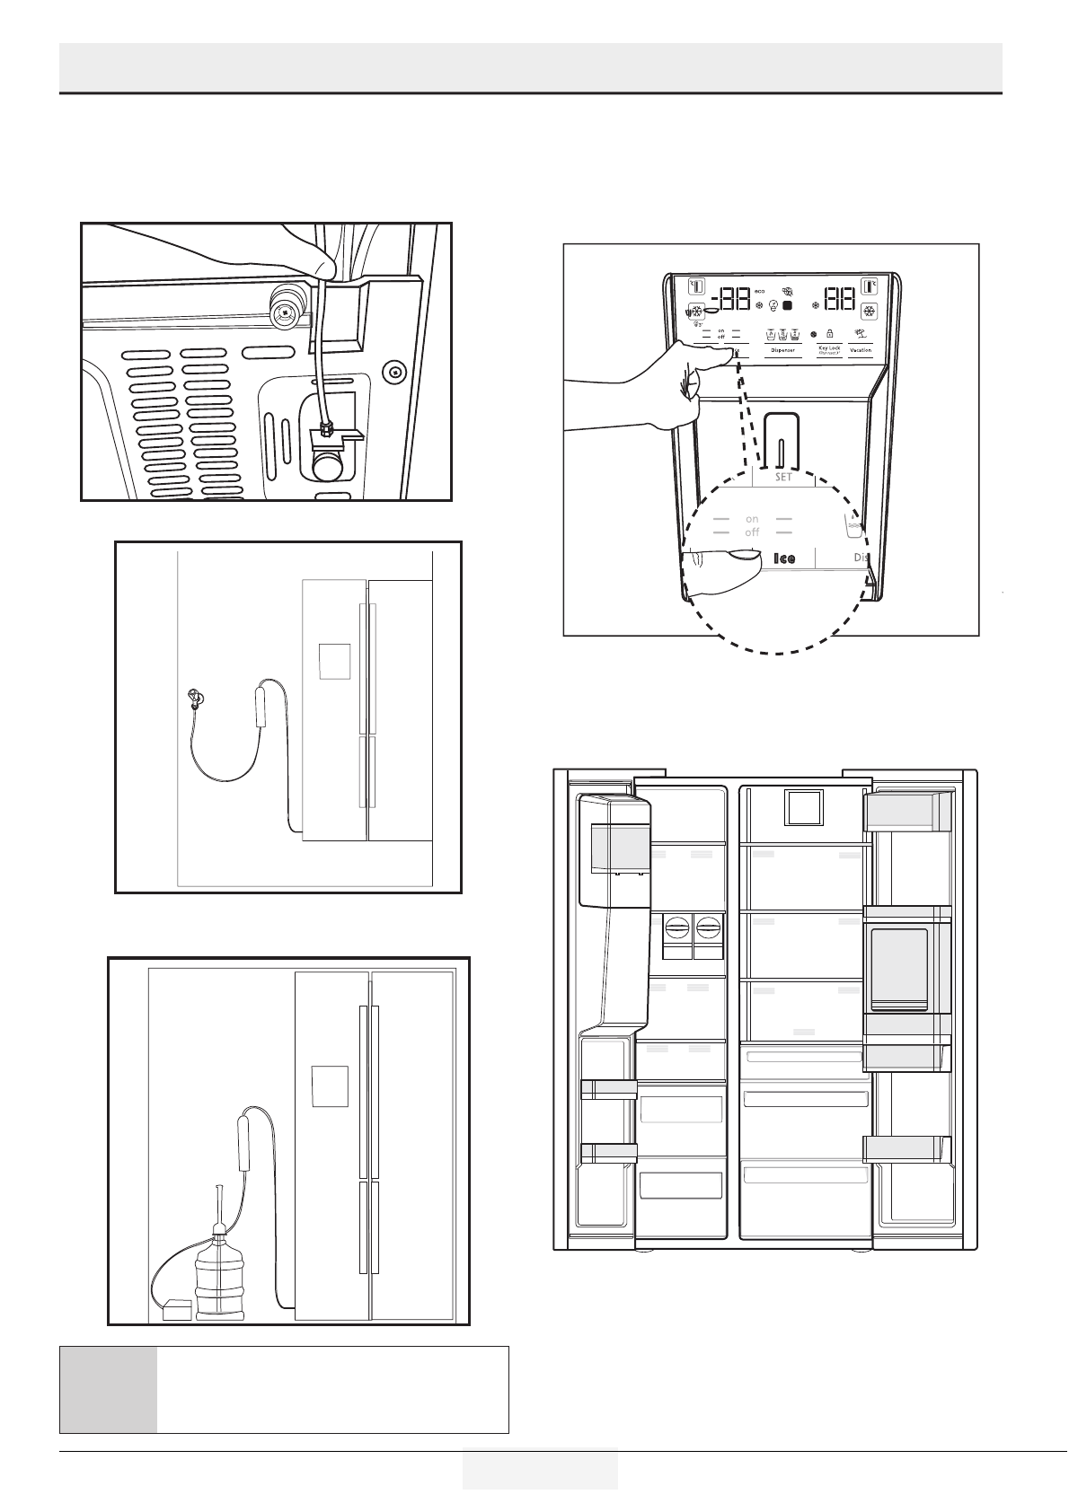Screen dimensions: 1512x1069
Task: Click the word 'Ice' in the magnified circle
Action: [784, 558]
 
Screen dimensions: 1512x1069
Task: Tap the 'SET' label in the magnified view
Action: [783, 478]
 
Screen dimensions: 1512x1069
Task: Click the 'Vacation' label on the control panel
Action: [861, 350]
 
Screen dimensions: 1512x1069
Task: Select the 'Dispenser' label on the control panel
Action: [782, 350]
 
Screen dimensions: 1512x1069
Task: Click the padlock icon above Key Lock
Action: [829, 333]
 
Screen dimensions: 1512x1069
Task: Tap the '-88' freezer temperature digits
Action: [729, 300]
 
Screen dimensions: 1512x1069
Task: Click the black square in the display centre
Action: [787, 305]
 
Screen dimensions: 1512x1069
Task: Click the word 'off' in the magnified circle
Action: [752, 532]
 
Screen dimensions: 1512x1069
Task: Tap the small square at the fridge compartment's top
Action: [803, 807]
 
